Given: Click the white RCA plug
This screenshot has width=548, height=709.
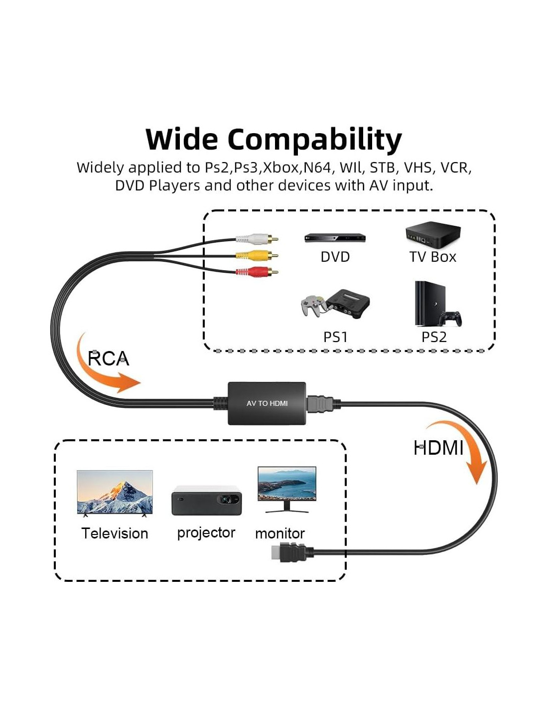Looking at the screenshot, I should tap(257, 239).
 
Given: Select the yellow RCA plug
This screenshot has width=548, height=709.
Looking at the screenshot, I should tap(257, 256).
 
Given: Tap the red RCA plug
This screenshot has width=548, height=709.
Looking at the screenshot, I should tap(257, 272).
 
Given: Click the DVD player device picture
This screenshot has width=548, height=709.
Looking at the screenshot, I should tap(335, 238).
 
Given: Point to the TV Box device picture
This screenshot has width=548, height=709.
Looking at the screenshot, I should tap(432, 235).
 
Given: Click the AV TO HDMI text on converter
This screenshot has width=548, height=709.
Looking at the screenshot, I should tap(267, 403).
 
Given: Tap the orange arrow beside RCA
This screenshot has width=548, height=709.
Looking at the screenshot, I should tap(106, 366).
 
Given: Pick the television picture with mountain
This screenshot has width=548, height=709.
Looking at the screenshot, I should tap(115, 493).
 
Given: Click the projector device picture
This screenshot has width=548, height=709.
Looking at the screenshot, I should tap(206, 500).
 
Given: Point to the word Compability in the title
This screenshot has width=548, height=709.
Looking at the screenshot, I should tap(314, 139).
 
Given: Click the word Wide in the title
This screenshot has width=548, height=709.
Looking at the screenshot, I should tap(181, 139).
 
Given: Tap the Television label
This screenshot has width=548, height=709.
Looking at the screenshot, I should tap(115, 533).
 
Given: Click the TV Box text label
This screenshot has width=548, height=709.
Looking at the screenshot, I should tap(432, 257).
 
